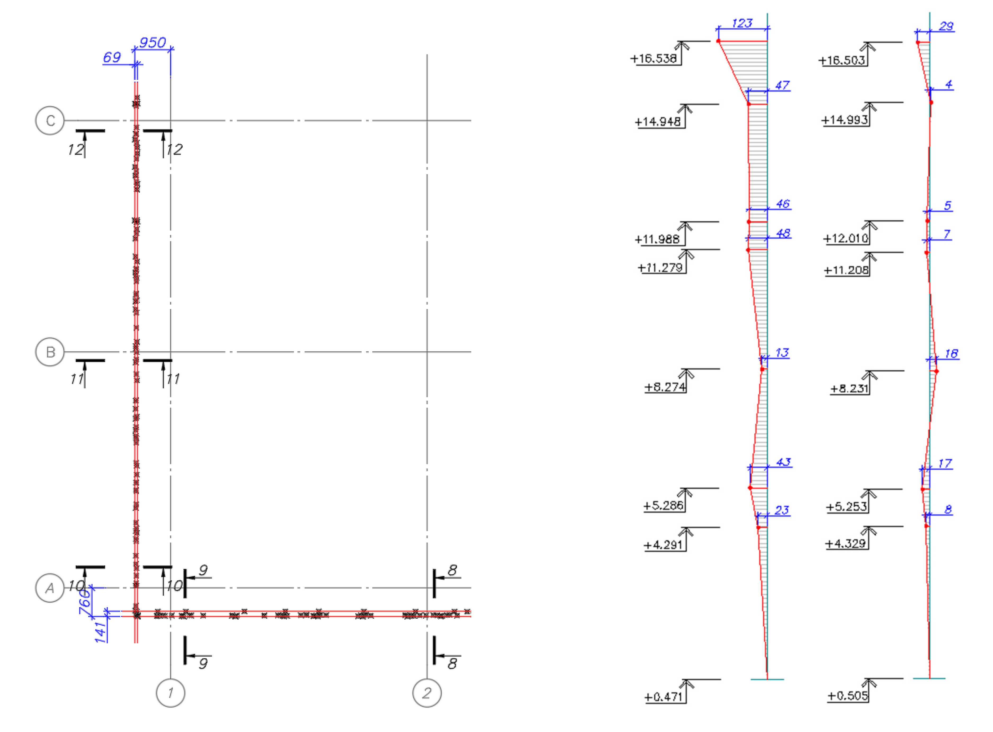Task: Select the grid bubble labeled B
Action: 50,352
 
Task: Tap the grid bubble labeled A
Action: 50,588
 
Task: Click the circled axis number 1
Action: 171,693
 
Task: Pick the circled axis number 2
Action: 427,693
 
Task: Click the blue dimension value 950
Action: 152,43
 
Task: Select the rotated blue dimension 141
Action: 101,631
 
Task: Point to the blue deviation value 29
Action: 946,26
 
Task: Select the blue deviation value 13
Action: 782,353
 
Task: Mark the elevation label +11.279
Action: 660,268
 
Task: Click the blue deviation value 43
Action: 783,462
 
